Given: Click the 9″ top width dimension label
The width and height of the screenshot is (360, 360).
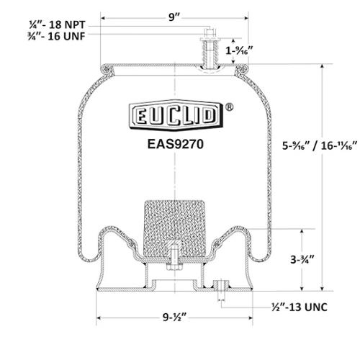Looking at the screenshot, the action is [x=174, y=17].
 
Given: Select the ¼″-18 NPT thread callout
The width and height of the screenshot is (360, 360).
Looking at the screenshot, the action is [x=57, y=24].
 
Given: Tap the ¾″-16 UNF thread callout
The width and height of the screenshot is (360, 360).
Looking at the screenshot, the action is [x=56, y=37].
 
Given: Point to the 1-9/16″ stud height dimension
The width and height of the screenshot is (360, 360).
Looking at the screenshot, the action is [x=239, y=50].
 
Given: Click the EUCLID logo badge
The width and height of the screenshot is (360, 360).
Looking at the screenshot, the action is [x=176, y=115].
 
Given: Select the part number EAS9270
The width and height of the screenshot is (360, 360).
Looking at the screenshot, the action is [x=176, y=144].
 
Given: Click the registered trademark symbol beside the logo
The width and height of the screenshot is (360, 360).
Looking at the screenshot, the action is [x=230, y=107].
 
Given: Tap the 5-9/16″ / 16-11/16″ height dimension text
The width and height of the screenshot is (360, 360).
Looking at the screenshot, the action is [x=320, y=145].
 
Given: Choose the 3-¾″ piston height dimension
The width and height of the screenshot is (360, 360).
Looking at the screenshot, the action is [x=302, y=259].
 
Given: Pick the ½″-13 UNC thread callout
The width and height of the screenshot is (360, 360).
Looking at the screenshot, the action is [x=300, y=307].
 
